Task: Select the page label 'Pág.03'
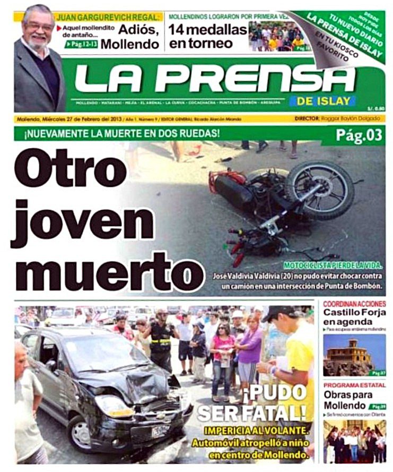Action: click(x=359, y=135)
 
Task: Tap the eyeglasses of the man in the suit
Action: click(x=39, y=26)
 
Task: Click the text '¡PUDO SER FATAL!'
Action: click(x=251, y=404)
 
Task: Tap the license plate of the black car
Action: click(x=160, y=430)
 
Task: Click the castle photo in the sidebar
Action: click(x=354, y=354)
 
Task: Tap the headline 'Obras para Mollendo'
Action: click(x=348, y=400)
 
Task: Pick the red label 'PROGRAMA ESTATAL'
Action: click(x=353, y=385)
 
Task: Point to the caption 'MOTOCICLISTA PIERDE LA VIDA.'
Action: click(x=333, y=264)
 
